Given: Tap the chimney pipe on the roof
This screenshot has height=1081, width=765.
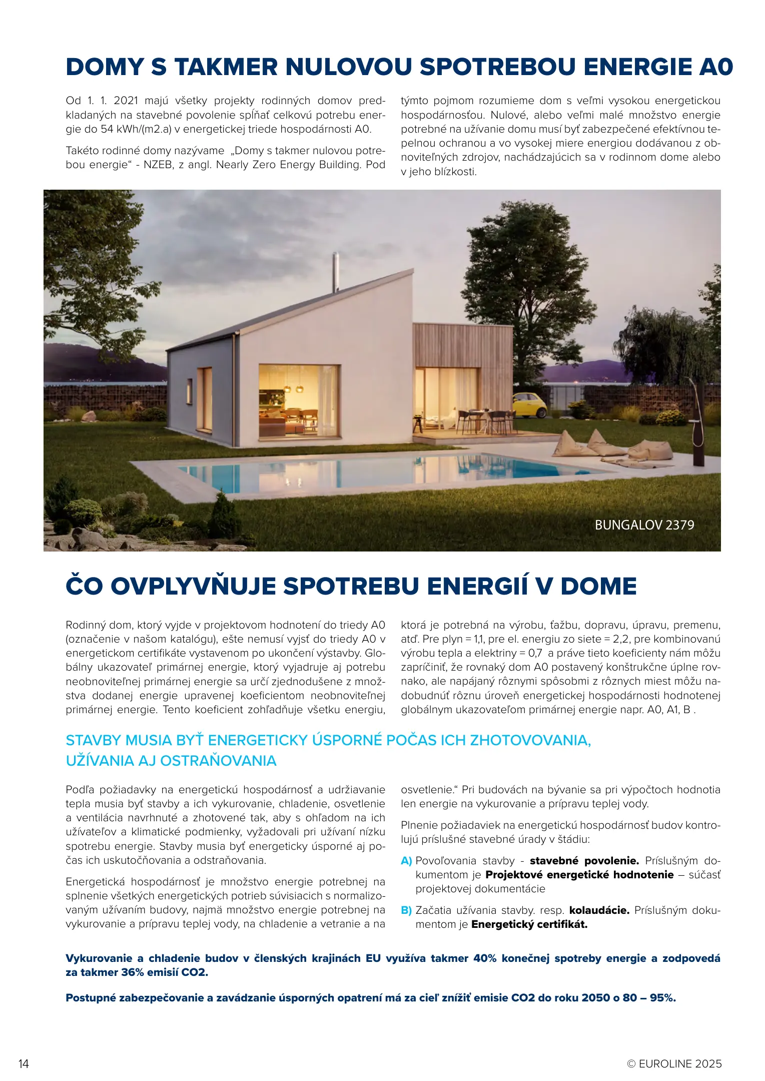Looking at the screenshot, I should coord(336,273).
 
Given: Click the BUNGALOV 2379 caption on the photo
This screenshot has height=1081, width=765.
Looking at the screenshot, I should coord(644,525).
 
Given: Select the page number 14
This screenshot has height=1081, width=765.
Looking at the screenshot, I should coord(24,1063).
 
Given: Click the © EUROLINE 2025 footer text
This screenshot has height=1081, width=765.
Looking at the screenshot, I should coord(674,1063).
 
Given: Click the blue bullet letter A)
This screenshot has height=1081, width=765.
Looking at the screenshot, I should coord(406,861).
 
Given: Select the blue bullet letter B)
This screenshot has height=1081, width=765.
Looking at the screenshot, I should coord(406,910).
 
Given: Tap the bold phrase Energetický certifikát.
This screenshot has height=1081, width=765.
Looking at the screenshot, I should coord(529,924).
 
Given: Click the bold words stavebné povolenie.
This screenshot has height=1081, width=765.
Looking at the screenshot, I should coord(584,861).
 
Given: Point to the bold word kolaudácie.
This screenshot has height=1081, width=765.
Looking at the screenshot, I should coord(599,910).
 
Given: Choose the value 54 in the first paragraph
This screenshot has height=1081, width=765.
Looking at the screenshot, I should coord(107,129).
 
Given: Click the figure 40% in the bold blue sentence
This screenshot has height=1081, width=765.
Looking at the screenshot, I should coord(485,958).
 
